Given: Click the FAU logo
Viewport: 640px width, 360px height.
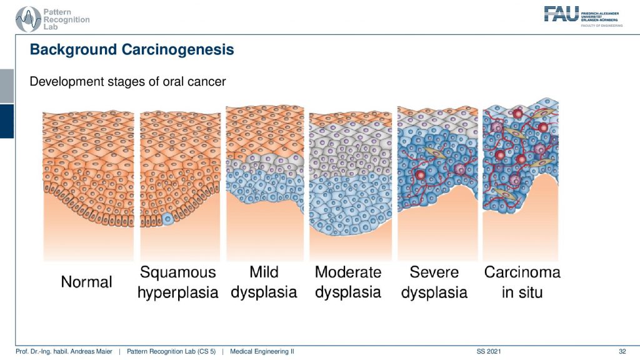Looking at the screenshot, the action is click(x=583, y=16).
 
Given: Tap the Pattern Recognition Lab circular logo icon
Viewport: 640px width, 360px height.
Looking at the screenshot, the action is click(x=28, y=19).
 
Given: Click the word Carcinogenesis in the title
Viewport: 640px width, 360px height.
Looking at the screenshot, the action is click(x=178, y=49).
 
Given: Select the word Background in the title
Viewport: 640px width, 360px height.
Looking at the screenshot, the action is click(x=74, y=49).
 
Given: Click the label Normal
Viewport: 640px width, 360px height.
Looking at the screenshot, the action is click(x=86, y=282).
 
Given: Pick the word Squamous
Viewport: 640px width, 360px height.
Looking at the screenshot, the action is click(x=178, y=272).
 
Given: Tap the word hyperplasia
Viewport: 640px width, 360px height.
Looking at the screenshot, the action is click(x=178, y=292).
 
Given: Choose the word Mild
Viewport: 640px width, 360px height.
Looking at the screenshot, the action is click(x=264, y=272).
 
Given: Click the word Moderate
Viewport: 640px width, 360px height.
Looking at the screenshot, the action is click(x=348, y=272).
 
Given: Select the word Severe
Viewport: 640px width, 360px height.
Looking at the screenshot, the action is click(x=434, y=272).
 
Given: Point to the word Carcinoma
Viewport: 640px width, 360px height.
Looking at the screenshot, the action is click(x=522, y=272).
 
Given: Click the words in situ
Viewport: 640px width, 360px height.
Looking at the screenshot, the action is click(x=522, y=292).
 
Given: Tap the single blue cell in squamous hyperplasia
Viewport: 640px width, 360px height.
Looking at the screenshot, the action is click(x=167, y=219).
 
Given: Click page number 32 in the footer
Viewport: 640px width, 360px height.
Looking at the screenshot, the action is click(x=622, y=351).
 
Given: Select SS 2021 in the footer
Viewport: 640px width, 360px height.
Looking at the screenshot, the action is click(x=489, y=351).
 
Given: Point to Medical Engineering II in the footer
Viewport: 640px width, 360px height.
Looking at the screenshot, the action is click(x=262, y=351).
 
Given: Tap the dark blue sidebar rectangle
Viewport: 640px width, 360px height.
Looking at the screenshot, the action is click(x=7, y=121).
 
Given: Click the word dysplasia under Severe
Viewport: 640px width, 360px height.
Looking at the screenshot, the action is click(x=434, y=292).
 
